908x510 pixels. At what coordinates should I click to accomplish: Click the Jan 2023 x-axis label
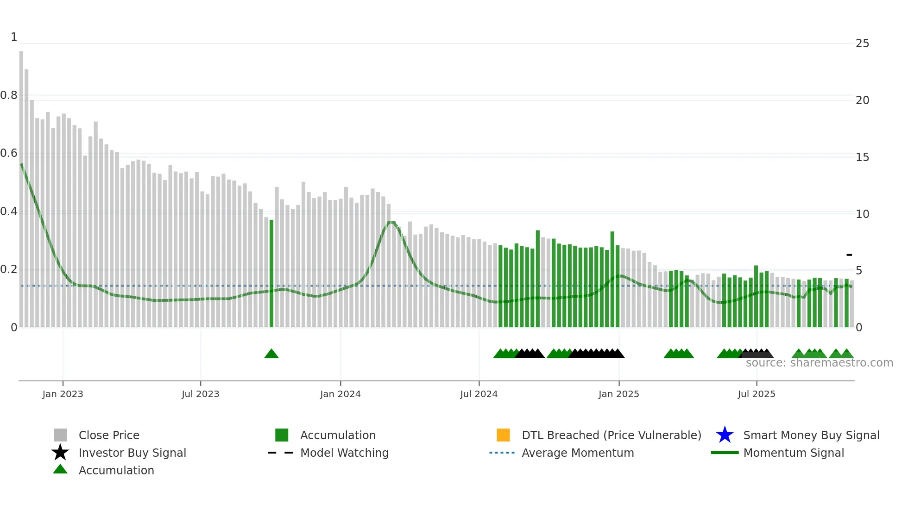(x=63, y=394)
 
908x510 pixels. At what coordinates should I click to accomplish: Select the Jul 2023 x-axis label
(x=200, y=394)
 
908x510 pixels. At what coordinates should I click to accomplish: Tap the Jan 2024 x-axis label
(x=340, y=394)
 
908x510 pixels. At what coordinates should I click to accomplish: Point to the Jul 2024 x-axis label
(x=479, y=394)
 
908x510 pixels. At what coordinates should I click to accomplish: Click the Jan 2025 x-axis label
(x=618, y=394)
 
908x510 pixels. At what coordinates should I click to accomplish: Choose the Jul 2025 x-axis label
(x=756, y=394)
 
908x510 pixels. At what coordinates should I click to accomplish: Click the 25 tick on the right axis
(x=862, y=44)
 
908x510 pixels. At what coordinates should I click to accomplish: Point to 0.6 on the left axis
(x=9, y=153)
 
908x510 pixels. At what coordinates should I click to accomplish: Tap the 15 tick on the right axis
(x=862, y=157)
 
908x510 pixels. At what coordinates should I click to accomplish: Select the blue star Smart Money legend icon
(x=725, y=435)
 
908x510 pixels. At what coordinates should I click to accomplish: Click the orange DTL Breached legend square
(x=503, y=435)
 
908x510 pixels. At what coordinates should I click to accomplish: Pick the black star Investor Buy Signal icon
(x=60, y=453)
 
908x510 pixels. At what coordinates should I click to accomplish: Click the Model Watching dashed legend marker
(x=280, y=453)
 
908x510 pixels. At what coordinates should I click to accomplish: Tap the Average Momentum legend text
(x=578, y=453)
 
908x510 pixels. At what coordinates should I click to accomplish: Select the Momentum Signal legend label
(x=794, y=453)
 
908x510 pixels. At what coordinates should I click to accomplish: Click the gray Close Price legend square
(x=60, y=435)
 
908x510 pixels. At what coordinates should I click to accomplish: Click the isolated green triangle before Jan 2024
(x=271, y=354)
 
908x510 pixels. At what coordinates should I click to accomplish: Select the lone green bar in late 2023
(x=271, y=273)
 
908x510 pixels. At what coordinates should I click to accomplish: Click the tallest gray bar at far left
(x=21, y=185)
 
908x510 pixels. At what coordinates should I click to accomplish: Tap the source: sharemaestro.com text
(x=819, y=363)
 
